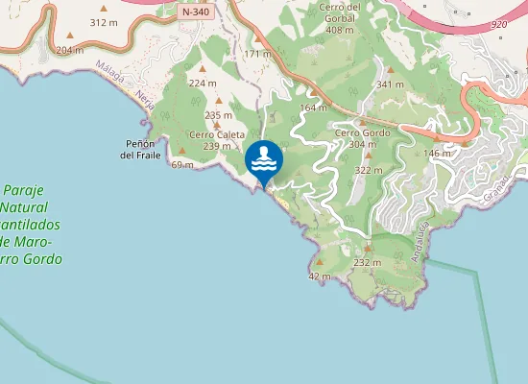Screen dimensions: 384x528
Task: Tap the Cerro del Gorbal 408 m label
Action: point(340,18)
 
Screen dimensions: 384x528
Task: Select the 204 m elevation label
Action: point(70,50)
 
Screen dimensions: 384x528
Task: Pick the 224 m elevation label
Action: point(203,83)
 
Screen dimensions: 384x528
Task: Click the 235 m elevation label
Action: point(219,115)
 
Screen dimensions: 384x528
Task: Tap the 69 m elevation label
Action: point(182,165)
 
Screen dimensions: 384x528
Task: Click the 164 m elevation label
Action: point(314,108)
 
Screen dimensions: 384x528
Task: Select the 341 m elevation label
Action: point(390,84)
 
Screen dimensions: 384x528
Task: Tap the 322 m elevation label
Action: point(369,170)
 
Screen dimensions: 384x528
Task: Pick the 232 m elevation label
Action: point(368,262)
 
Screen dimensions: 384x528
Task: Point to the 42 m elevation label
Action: point(320,276)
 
